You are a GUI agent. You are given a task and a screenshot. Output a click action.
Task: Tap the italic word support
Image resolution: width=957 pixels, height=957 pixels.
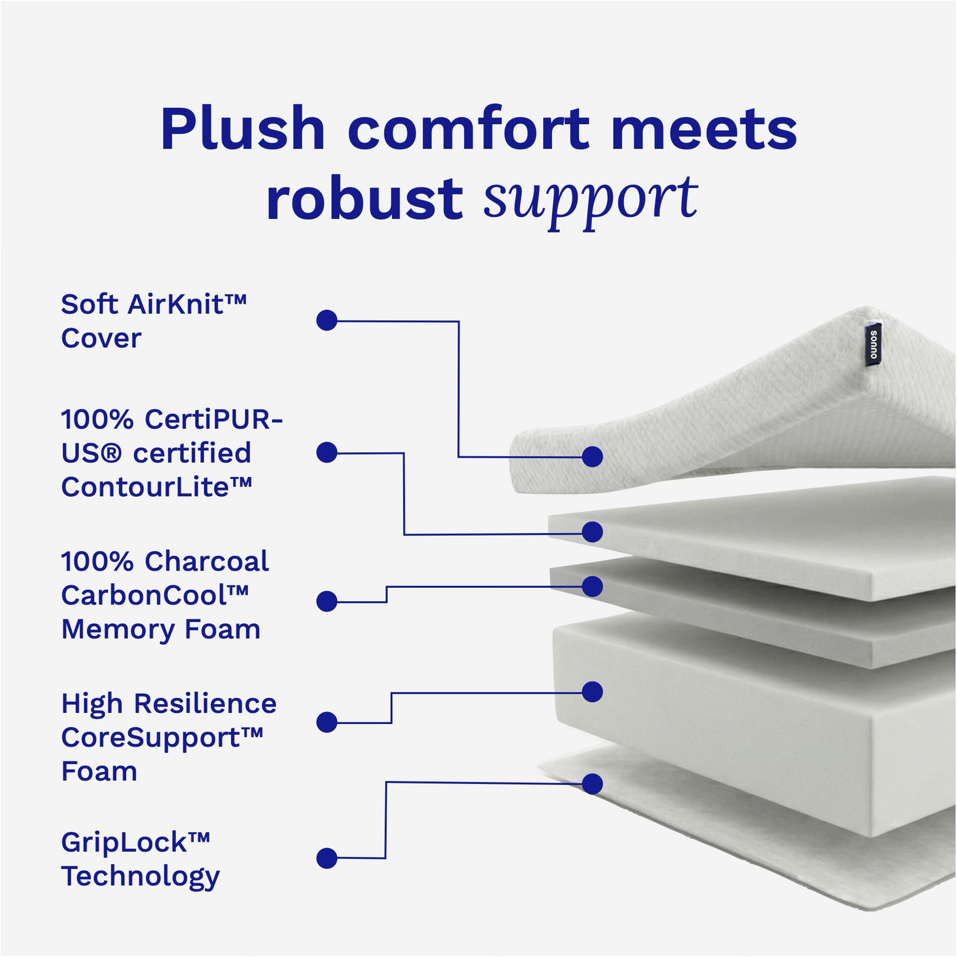[x=591, y=201]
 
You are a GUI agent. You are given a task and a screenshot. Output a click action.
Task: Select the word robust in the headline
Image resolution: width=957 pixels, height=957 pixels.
[x=364, y=199]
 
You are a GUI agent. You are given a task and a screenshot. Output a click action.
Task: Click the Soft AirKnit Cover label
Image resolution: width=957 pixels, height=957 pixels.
[x=153, y=321]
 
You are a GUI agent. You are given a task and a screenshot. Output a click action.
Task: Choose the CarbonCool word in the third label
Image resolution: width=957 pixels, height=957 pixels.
[x=154, y=595]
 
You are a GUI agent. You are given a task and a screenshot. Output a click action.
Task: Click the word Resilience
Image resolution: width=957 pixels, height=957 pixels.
[x=205, y=703]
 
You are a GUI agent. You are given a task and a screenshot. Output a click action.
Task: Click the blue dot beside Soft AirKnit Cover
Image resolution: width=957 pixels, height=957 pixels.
[x=327, y=321]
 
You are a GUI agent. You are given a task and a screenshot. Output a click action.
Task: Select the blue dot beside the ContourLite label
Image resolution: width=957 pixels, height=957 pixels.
[x=327, y=452]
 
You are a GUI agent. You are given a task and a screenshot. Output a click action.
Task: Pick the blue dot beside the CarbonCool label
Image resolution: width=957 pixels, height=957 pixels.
[x=327, y=601]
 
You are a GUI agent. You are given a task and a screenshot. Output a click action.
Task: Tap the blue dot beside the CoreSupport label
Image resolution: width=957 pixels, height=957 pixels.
[x=327, y=722]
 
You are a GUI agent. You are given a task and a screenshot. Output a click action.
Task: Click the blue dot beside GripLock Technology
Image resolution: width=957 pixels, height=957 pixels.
[x=327, y=858]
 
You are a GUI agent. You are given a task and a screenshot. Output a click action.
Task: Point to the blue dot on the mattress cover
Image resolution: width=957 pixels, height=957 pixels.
[x=592, y=456]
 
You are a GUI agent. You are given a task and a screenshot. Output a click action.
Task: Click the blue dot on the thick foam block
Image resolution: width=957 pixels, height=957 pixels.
[x=592, y=692]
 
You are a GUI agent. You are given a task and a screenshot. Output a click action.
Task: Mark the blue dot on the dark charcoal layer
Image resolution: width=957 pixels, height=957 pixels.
[x=592, y=587]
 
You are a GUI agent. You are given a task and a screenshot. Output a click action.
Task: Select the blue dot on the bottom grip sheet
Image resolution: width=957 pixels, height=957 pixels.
[x=592, y=783]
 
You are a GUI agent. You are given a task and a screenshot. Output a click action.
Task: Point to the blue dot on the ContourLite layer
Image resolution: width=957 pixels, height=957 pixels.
[x=592, y=532]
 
